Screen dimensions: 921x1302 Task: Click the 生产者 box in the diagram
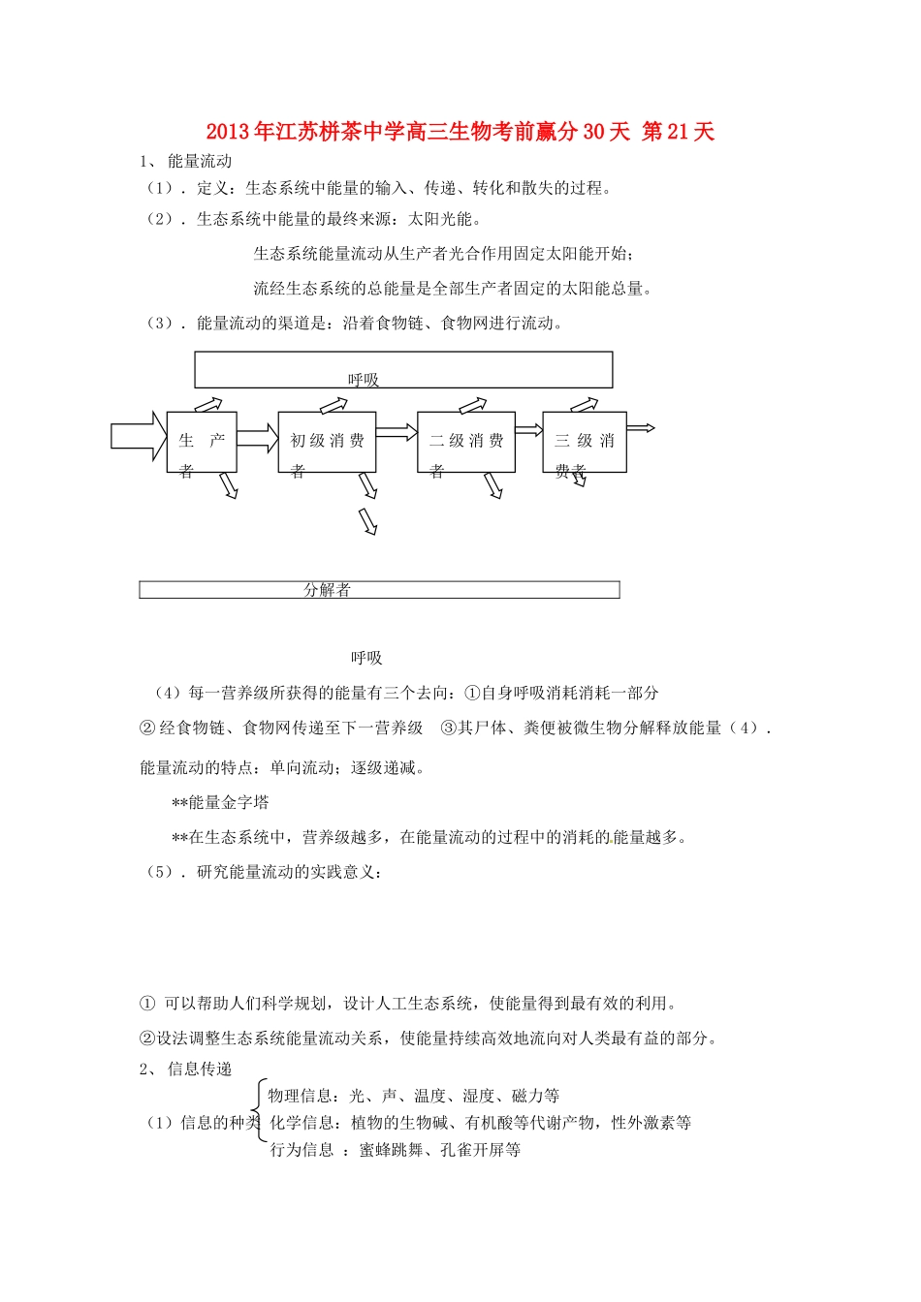[x=202, y=443]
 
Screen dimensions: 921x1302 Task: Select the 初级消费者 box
[x=327, y=443]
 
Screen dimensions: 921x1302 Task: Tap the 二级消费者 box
[x=466, y=443]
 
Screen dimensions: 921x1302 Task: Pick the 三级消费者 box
[x=585, y=443]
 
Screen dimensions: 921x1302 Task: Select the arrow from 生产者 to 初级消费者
[x=257, y=436]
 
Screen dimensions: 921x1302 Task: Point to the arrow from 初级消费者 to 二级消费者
[x=397, y=432]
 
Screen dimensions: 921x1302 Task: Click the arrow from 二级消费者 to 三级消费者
[x=528, y=430]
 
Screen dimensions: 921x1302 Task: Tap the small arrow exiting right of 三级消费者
[x=641, y=427]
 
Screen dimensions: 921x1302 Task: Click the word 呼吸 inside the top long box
[x=364, y=380]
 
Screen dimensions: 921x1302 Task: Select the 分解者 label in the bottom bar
[x=327, y=590]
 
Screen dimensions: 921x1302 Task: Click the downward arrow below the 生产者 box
[x=228, y=485]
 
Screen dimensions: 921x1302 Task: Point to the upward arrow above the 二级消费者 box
[x=472, y=405]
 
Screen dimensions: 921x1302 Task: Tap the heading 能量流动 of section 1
[x=200, y=162]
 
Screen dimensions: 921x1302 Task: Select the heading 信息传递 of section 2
[x=200, y=1069]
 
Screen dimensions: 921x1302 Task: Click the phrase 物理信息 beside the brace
[x=301, y=1096]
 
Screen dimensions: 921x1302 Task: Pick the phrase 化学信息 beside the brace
[x=302, y=1123]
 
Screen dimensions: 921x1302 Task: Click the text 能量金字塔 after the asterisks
[x=229, y=802]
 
